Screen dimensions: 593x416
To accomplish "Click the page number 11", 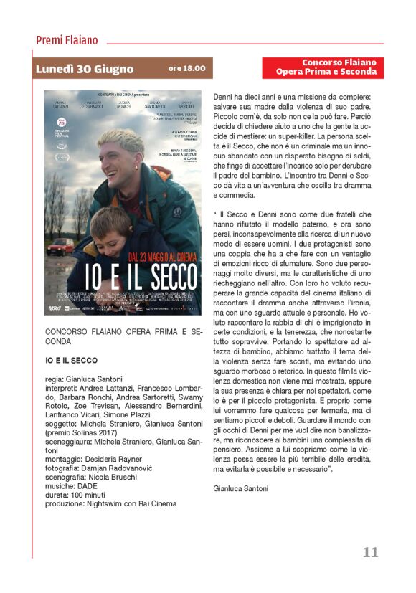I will [370, 552].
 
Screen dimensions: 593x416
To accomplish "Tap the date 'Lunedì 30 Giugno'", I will [85, 69].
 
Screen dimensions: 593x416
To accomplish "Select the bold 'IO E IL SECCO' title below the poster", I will [72, 359].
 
